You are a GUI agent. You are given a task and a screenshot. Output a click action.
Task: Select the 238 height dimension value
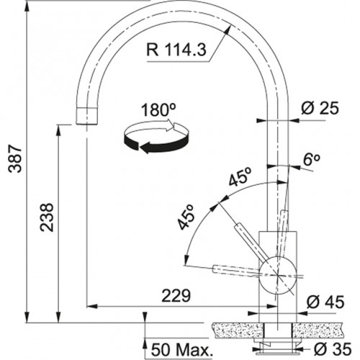[x=45, y=224]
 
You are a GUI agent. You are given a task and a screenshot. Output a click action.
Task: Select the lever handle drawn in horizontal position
[x=234, y=271]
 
